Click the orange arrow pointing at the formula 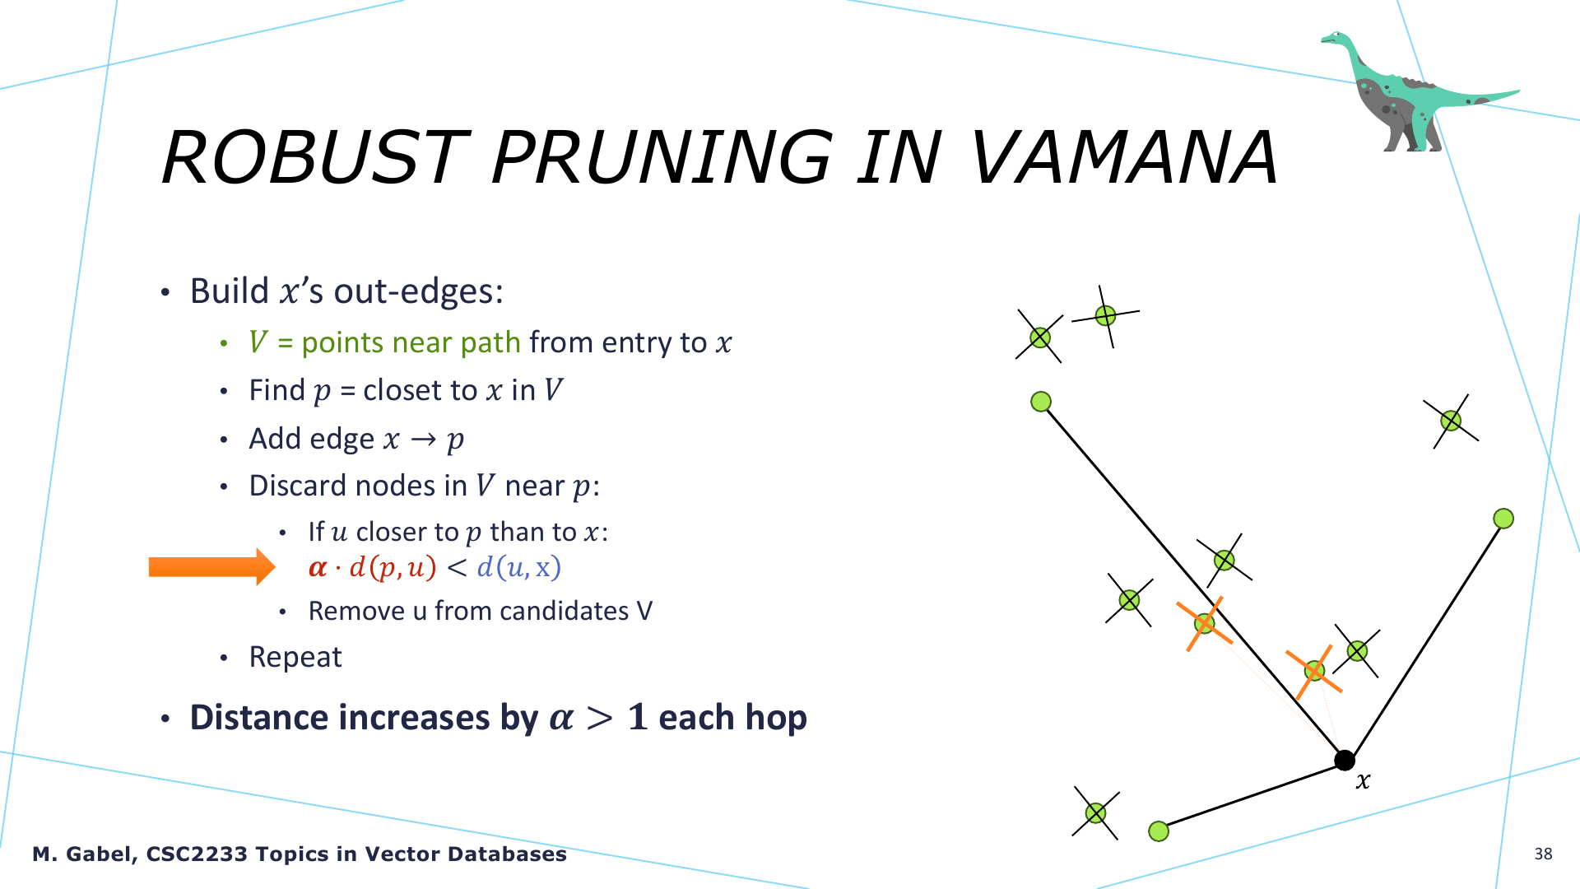pyautogui.click(x=211, y=567)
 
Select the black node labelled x pyautogui.click(x=1344, y=760)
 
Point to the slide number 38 pyautogui.click(x=1543, y=854)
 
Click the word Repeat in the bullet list pyautogui.click(x=295, y=657)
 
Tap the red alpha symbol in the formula pyautogui.click(x=318, y=568)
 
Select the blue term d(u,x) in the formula pyautogui.click(x=518, y=567)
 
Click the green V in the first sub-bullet pyautogui.click(x=258, y=342)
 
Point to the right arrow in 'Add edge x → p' pyautogui.click(x=423, y=440)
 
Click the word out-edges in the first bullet pyautogui.click(x=418, y=291)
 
